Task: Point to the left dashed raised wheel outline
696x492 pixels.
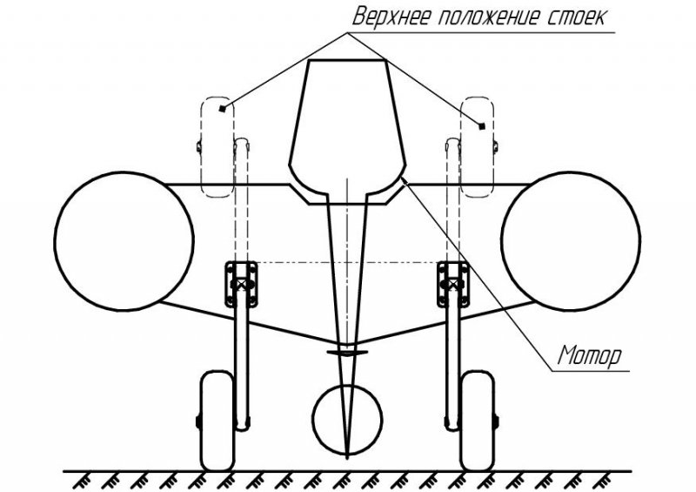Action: click(x=201, y=146)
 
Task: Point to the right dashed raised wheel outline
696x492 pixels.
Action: click(x=493, y=146)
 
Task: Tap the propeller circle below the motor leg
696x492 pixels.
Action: click(x=313, y=419)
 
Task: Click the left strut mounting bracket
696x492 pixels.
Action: click(x=241, y=284)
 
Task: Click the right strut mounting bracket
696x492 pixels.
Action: click(x=453, y=284)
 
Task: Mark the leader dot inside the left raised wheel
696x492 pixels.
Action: click(x=223, y=108)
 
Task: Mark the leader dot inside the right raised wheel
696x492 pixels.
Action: click(x=482, y=126)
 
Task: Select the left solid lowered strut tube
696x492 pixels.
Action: click(x=242, y=365)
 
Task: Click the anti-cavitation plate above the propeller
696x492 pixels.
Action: click(x=347, y=353)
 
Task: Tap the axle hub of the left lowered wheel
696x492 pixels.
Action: click(x=198, y=421)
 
